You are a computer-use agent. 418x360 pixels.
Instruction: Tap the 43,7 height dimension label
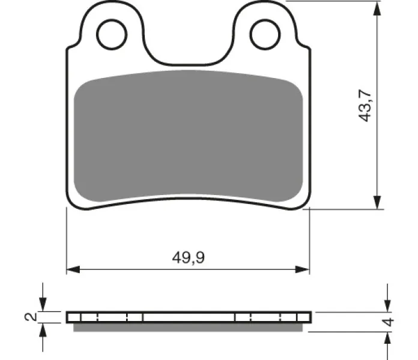tap(365, 106)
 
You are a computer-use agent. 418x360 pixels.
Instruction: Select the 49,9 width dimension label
tap(189, 257)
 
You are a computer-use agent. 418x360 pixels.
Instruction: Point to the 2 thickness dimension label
tap(31, 317)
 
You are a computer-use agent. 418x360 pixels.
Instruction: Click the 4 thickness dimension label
tap(388, 322)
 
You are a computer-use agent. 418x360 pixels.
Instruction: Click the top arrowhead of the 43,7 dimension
tap(377, 8)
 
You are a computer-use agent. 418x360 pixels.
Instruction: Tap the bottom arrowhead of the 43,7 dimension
tap(377, 202)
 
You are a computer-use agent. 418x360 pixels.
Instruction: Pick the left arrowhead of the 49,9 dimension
tap(73, 269)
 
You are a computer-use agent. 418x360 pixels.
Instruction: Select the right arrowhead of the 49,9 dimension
tap(302, 269)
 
